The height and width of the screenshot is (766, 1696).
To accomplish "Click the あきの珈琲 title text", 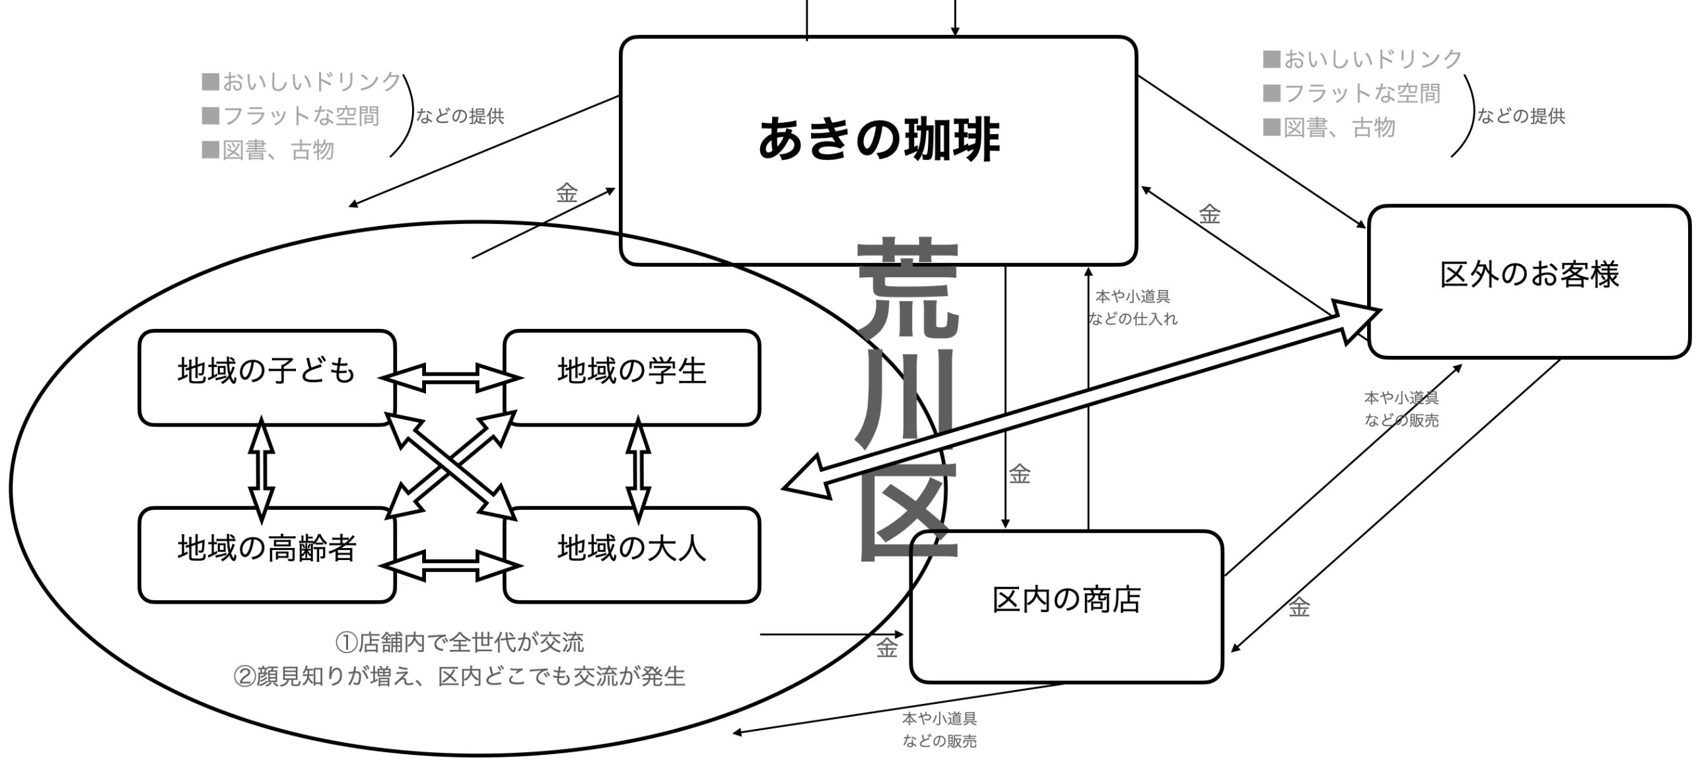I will [878, 140].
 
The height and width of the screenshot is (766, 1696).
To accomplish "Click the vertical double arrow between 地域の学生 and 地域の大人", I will [638, 468].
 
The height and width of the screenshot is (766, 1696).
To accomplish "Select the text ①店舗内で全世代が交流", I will [460, 642].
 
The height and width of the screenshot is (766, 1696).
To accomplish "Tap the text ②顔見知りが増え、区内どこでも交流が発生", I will [460, 676].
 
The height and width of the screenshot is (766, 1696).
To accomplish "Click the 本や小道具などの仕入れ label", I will [1132, 308].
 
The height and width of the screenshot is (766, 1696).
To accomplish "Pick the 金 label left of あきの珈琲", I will [567, 194].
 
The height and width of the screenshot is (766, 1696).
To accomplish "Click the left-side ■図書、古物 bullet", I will [268, 151].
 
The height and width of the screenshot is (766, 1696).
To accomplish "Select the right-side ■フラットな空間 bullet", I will [1351, 94].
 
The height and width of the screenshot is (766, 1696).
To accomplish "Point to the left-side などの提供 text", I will [460, 117].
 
